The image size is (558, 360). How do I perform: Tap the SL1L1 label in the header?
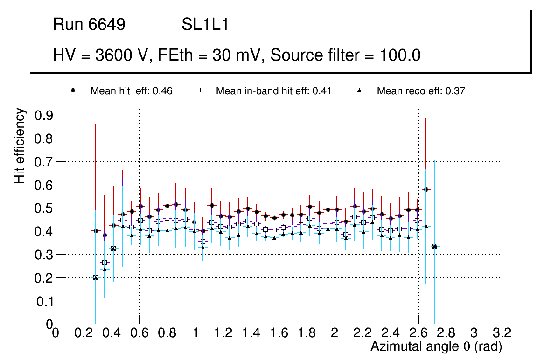tap(205, 25)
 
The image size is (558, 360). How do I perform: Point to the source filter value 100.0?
tap(398, 55)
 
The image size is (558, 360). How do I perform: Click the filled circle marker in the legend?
tap(73, 90)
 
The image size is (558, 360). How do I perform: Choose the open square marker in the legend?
tap(198, 90)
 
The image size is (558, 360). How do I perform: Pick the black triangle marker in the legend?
tap(359, 90)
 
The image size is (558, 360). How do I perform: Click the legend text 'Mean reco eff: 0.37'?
tap(421, 91)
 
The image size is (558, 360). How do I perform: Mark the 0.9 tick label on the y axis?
tap(44, 115)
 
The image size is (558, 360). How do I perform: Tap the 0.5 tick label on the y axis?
tap(44, 208)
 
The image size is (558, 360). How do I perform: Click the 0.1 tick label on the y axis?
tap(44, 301)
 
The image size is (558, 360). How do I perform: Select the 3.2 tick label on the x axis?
tap(502, 332)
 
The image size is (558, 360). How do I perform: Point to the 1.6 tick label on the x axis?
tap(279, 332)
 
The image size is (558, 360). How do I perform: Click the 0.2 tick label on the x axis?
tap(84, 332)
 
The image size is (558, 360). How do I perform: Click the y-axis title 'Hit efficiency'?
tap(20, 145)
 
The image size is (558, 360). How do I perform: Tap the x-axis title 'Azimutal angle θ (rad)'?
tap(436, 346)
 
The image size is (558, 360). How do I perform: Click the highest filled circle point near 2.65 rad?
tap(425, 189)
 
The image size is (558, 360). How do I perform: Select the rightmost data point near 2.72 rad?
tap(435, 246)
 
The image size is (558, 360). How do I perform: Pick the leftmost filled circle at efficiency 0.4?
tap(96, 231)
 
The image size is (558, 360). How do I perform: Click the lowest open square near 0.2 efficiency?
tap(96, 277)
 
